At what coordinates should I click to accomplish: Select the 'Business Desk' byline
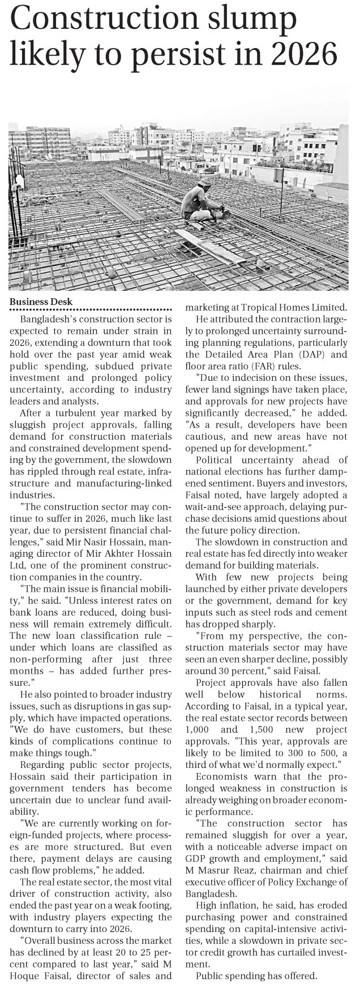[x=41, y=302]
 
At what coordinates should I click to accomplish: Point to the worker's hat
[x=205, y=183]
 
